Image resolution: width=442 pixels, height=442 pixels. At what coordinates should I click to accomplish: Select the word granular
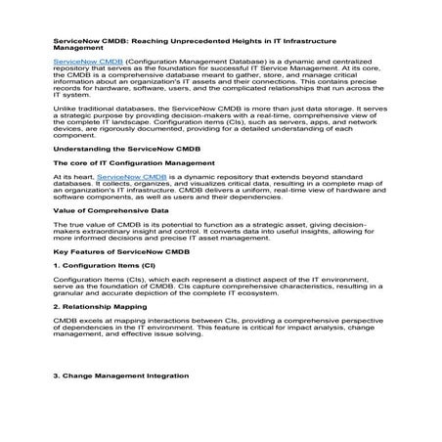point(71,292)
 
